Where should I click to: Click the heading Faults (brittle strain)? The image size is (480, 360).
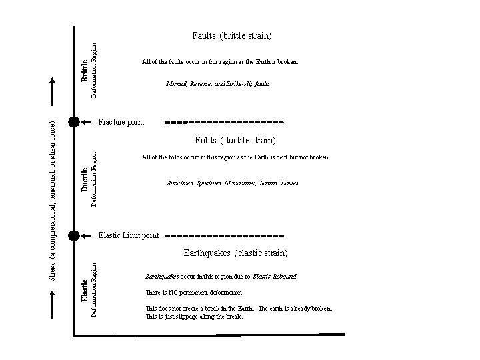(x=231, y=35)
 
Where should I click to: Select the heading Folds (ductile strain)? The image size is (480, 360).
(x=235, y=140)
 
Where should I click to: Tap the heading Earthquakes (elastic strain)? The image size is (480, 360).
(x=235, y=253)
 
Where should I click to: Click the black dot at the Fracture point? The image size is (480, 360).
(x=74, y=122)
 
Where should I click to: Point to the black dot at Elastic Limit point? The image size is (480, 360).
(x=74, y=235)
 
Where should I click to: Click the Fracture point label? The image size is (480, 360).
(x=121, y=123)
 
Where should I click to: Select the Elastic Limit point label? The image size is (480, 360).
(x=129, y=235)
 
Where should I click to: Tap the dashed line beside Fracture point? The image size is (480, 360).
(x=224, y=123)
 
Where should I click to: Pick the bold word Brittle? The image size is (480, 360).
(x=85, y=71)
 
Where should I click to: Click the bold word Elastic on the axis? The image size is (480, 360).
(x=85, y=291)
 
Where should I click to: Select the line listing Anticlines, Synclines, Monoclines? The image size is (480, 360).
(x=231, y=183)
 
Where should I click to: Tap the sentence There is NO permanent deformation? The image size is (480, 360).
(x=193, y=293)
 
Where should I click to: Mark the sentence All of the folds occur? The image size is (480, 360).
(x=236, y=157)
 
